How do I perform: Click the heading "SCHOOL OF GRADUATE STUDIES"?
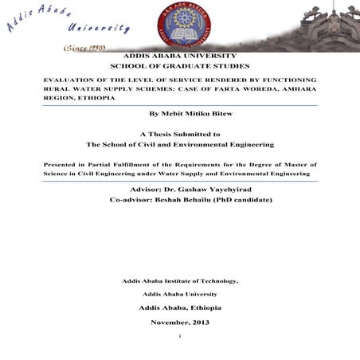tap(179, 68)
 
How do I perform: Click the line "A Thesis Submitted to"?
tap(180, 135)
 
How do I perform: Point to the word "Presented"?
tap(61, 163)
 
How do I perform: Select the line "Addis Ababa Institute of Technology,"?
tap(180, 280)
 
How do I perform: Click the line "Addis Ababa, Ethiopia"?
tap(180, 307)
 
